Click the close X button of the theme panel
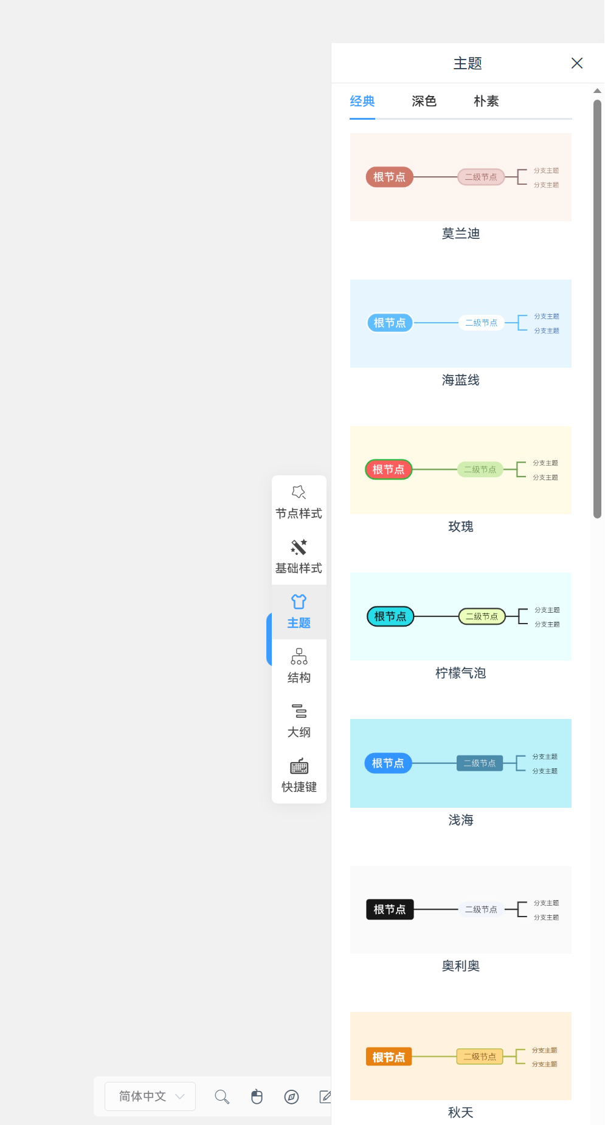(x=577, y=63)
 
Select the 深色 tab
(x=424, y=101)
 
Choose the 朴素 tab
(x=486, y=101)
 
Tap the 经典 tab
(x=362, y=101)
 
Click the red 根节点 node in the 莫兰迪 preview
(x=389, y=177)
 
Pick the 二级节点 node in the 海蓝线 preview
(x=481, y=323)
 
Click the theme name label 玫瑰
(x=460, y=526)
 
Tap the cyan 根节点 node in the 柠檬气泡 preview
(x=390, y=616)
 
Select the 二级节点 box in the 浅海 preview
(x=480, y=763)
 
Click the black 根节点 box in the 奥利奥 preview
(x=390, y=909)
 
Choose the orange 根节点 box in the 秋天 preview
(x=389, y=1057)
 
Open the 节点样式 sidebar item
(x=299, y=503)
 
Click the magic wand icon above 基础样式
(x=299, y=547)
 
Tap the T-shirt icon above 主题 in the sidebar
(x=299, y=602)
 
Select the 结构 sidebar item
(x=299, y=667)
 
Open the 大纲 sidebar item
(x=299, y=721)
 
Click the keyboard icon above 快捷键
(x=299, y=766)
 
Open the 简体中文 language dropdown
(x=150, y=1096)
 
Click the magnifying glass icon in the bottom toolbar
(x=222, y=1096)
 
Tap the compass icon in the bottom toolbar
(x=291, y=1096)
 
